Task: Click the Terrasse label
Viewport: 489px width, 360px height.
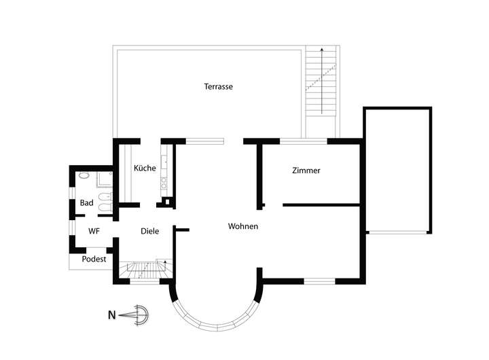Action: [218, 86]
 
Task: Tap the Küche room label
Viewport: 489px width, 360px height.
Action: [145, 168]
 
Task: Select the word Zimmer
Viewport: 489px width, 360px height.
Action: [306, 170]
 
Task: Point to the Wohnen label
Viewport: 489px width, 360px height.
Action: [243, 226]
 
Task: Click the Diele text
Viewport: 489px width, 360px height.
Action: [149, 231]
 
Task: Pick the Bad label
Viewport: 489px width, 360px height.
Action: [86, 203]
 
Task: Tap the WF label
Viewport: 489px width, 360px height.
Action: [94, 231]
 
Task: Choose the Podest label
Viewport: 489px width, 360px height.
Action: [94, 259]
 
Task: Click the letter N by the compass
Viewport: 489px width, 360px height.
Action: [111, 315]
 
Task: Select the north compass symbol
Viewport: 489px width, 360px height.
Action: [134, 315]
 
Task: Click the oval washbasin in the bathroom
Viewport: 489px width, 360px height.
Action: [84, 175]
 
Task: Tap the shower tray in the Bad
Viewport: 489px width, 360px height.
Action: [104, 179]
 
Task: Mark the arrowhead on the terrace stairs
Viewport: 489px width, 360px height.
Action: [322, 50]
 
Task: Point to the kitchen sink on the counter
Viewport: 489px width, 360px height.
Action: [164, 183]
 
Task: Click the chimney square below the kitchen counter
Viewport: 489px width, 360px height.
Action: [168, 202]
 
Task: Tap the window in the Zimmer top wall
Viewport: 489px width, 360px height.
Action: [304, 141]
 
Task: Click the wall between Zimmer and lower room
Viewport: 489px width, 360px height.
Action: [321, 205]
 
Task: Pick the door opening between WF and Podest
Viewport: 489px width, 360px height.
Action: [96, 250]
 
